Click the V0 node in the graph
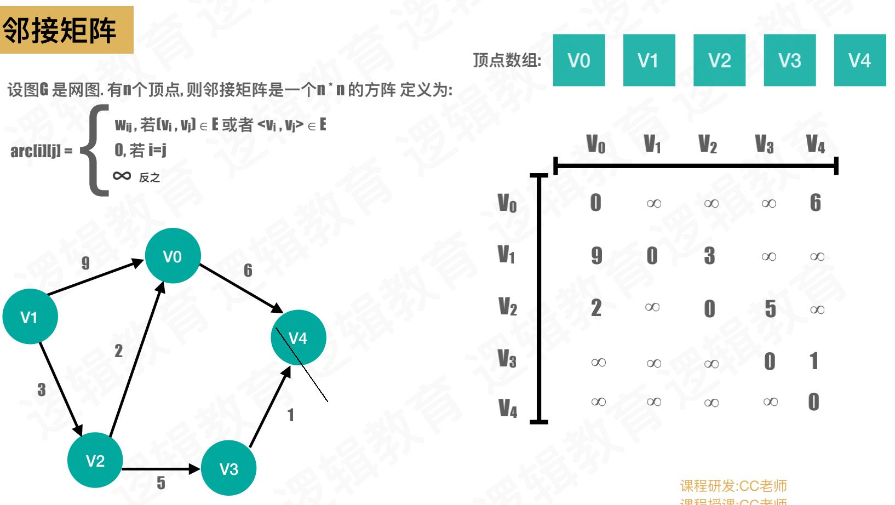pyautogui.click(x=173, y=256)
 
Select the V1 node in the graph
pyautogui.click(x=30, y=317)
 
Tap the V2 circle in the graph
pyautogui.click(x=95, y=460)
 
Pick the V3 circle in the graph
pyautogui.click(x=228, y=468)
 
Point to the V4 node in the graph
pyautogui.click(x=298, y=337)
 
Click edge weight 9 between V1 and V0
pyautogui.click(x=85, y=263)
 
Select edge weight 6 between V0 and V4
pyautogui.click(x=248, y=270)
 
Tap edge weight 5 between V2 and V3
pyautogui.click(x=160, y=483)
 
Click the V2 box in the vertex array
pyautogui.click(x=719, y=60)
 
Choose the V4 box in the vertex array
pyautogui.click(x=859, y=60)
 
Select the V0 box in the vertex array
pyautogui.click(x=578, y=60)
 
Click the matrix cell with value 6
pyautogui.click(x=815, y=203)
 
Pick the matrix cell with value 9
pyautogui.click(x=596, y=255)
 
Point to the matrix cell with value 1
pyautogui.click(x=814, y=361)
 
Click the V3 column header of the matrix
pyautogui.click(x=764, y=144)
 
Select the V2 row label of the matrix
pyautogui.click(x=507, y=307)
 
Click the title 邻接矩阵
pyautogui.click(x=60, y=30)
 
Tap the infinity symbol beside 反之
pyautogui.click(x=122, y=176)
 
